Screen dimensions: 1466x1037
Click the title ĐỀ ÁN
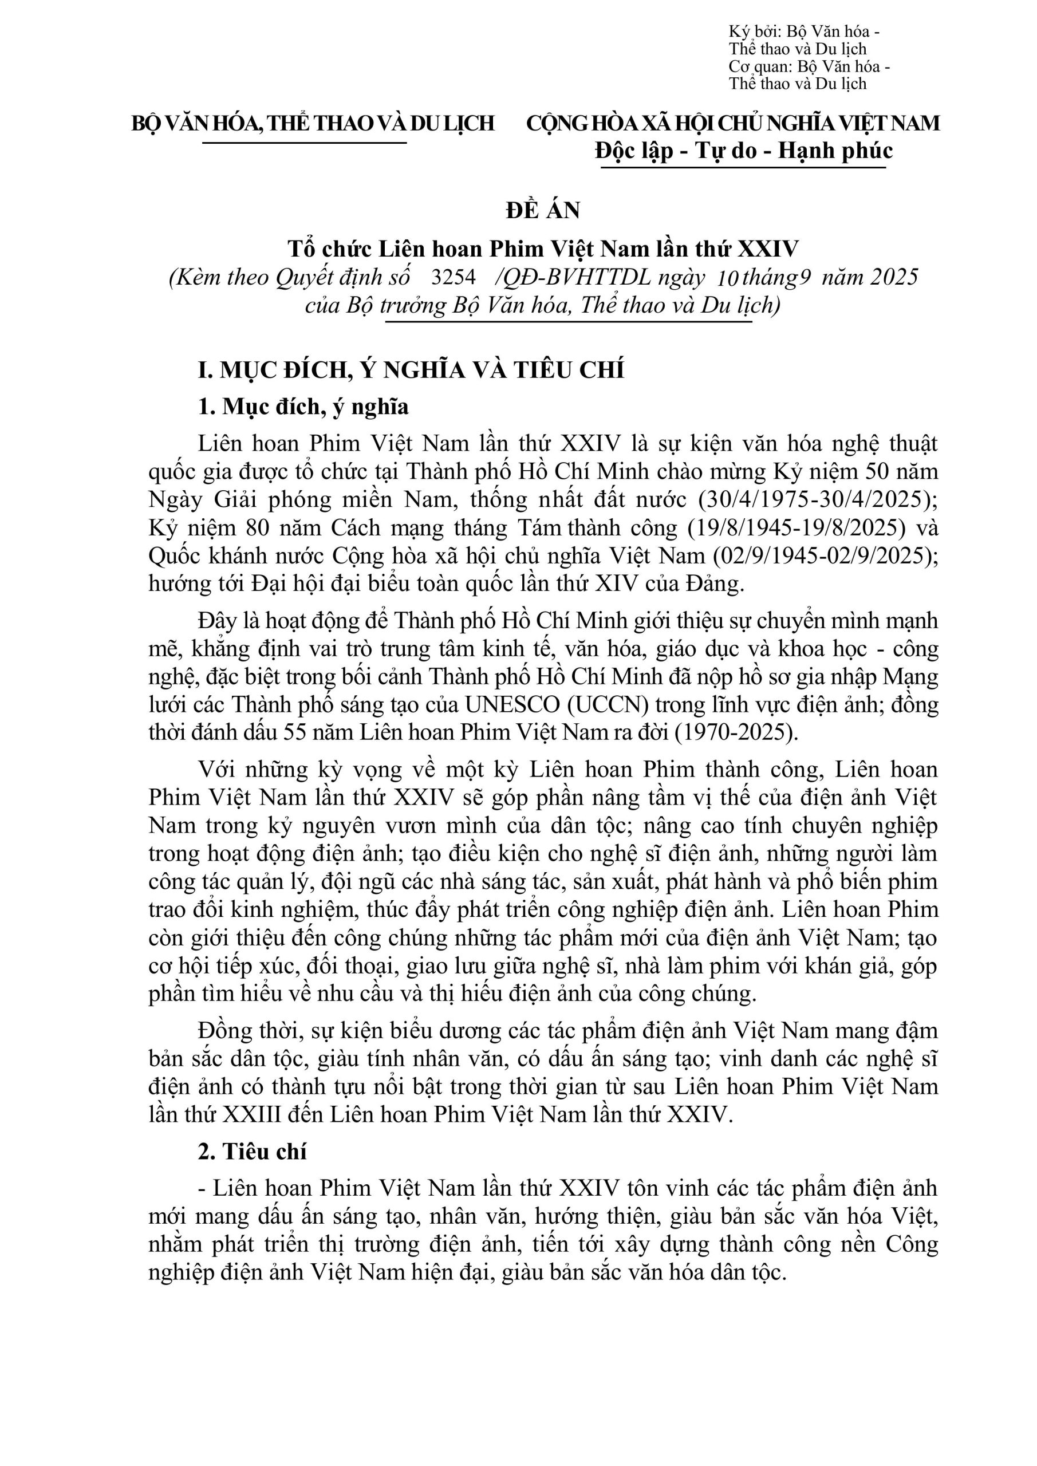click(x=543, y=211)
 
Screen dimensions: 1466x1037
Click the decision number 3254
click(x=454, y=277)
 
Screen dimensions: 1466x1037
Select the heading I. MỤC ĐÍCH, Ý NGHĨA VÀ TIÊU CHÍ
click(x=411, y=371)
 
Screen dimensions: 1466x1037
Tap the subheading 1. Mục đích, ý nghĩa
click(x=303, y=407)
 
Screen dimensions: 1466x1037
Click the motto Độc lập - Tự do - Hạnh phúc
click(x=743, y=151)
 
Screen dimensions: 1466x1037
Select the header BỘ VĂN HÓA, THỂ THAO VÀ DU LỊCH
click(x=313, y=123)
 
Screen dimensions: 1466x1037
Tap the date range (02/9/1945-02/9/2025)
click(x=819, y=556)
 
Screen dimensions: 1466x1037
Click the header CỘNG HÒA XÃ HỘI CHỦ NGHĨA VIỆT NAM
click(x=732, y=123)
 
